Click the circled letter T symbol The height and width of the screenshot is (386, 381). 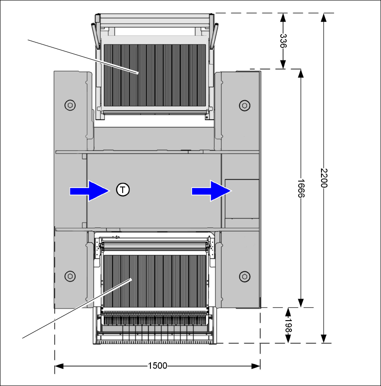[x=123, y=190]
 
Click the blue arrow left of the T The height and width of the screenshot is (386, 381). [x=90, y=191]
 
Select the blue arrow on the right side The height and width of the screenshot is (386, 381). [x=211, y=191]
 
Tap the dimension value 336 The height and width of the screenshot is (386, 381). [x=283, y=41]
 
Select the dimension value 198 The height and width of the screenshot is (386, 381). [x=288, y=326]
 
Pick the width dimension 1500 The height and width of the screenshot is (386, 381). [x=157, y=366]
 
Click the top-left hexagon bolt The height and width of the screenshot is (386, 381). [x=70, y=105]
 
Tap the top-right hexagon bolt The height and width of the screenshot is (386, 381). [x=244, y=105]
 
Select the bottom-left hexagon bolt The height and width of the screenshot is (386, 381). [x=70, y=275]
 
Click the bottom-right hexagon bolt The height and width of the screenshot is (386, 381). [x=244, y=275]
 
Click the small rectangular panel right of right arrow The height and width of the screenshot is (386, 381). [x=242, y=198]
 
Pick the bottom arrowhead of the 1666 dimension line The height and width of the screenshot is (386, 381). [x=301, y=303]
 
